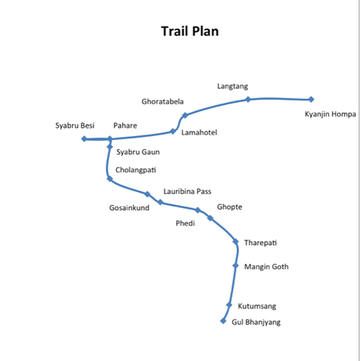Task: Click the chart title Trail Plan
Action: pos(190,32)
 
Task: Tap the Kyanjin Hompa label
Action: pos(330,114)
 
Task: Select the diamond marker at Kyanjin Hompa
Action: pos(311,99)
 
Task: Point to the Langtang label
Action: pos(233,86)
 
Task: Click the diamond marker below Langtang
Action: pos(248,99)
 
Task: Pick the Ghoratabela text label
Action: pos(163,101)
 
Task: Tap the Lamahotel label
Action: pos(199,132)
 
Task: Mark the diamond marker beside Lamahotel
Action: pos(173,131)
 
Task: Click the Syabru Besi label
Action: pos(75,126)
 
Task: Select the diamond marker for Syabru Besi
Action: pos(84,139)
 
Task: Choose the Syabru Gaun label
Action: pos(138,152)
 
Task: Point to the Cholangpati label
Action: pos(135,170)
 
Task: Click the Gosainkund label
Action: pos(129,208)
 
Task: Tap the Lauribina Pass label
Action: pos(187,191)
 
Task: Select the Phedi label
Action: pos(185,224)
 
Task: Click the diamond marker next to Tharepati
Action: pos(235,242)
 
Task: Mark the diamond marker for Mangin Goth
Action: pos(235,265)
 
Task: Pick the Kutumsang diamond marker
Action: pos(229,305)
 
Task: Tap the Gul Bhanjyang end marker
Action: pos(223,321)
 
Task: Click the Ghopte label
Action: pos(230,207)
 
